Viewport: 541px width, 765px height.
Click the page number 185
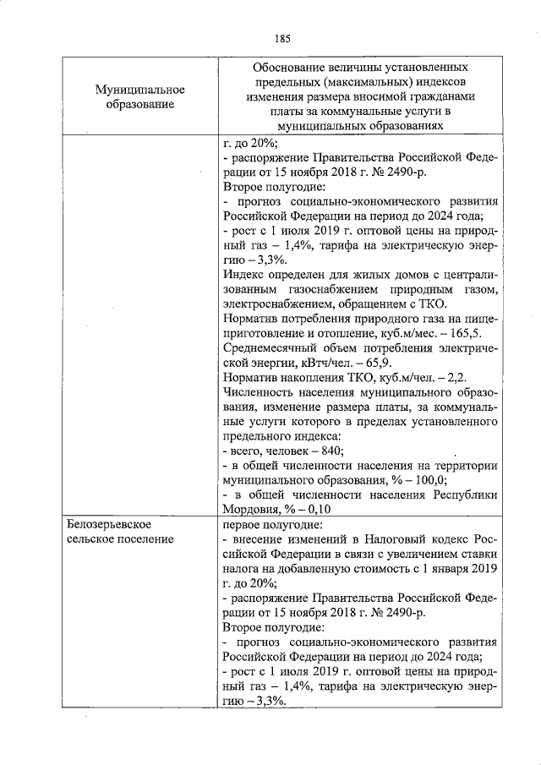[282, 38]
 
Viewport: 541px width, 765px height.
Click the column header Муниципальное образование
[139, 96]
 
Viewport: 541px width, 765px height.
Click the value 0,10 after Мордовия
[315, 510]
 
